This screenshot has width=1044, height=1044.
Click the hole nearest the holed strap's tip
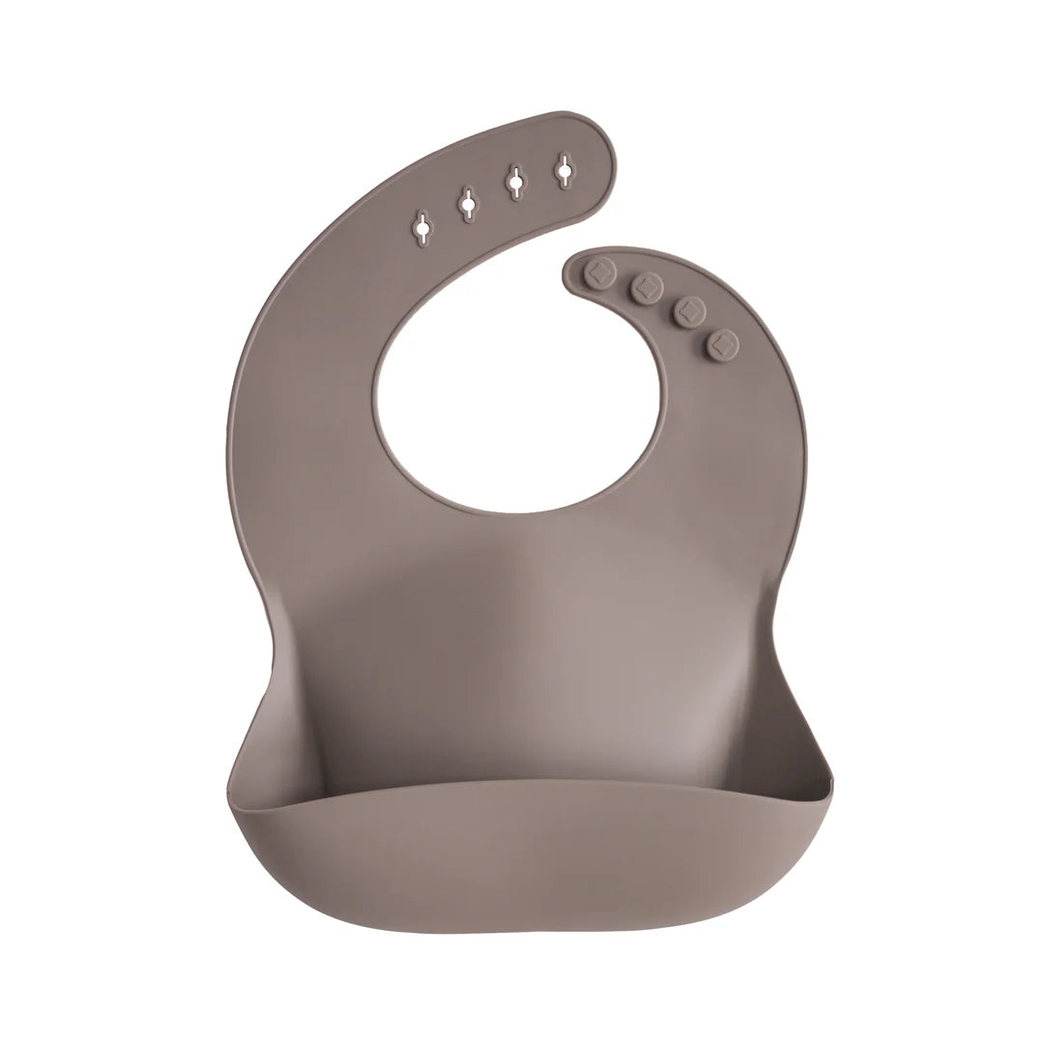coord(565,170)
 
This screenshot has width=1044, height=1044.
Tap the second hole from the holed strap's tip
coord(516,181)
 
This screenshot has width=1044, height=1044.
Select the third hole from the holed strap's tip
coord(468,203)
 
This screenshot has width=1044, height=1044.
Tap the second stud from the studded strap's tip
coord(646,286)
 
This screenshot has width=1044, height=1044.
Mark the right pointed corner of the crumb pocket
coord(829,774)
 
